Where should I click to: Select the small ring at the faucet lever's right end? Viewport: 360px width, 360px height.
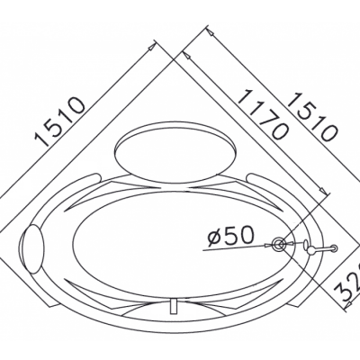[333, 247]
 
